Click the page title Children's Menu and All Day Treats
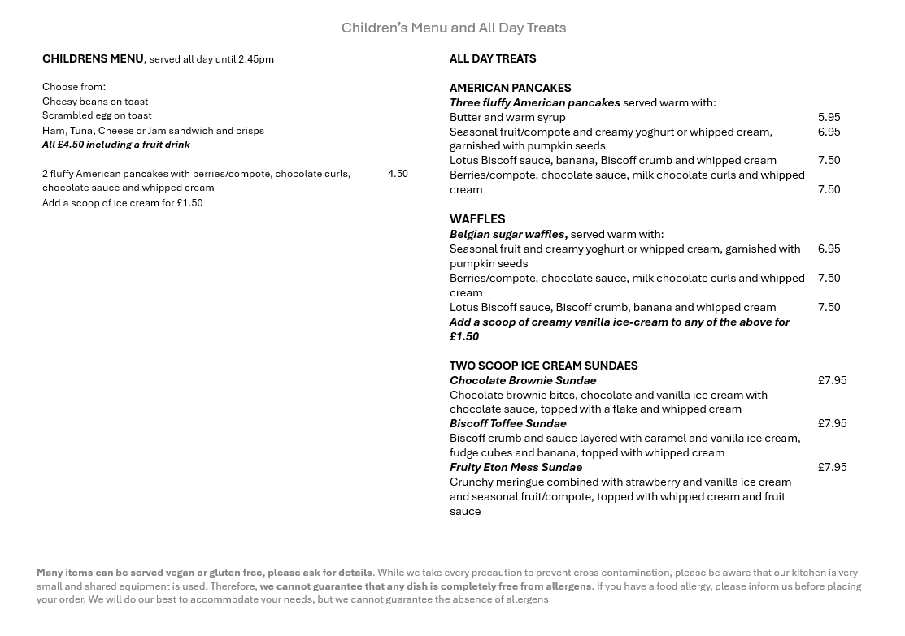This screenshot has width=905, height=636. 453,28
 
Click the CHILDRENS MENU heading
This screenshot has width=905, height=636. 93,58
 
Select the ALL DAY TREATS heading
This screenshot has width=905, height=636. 493,58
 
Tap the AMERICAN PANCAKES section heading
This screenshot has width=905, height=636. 510,88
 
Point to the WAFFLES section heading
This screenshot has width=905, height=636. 477,219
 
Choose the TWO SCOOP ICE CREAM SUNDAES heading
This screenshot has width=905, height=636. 543,366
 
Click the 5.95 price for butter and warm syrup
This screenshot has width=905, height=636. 829,117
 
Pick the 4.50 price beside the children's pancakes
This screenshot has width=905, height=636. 398,174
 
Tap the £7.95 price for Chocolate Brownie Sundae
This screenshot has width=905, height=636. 832,380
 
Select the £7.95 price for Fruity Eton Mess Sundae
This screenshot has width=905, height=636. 832,467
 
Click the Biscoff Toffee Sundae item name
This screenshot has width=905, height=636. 507,423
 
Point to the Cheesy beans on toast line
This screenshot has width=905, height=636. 95,102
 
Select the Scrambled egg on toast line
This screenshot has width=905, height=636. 97,115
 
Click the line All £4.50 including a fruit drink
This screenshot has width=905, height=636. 115,145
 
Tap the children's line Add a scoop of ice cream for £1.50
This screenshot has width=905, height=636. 122,203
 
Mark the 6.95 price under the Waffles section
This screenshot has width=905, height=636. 829,249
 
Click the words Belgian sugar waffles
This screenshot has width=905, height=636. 507,234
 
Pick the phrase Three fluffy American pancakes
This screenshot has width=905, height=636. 534,102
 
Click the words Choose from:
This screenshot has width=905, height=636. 74,87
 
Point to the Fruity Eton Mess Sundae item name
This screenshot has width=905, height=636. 516,467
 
